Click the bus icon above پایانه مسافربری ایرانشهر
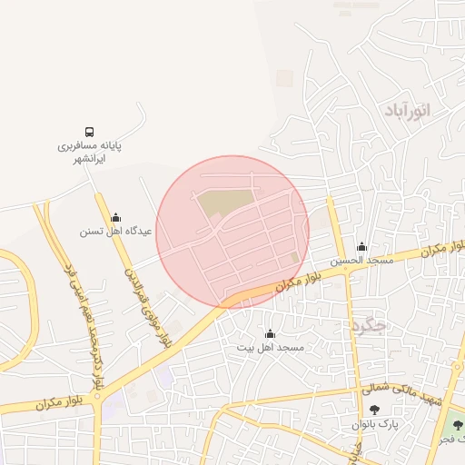coord(90,132)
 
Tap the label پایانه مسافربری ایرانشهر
coord(90,151)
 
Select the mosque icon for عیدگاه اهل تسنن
coord(115,218)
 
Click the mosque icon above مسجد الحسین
coord(361,247)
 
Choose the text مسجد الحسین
coord(361,261)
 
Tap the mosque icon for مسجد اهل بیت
coord(269,334)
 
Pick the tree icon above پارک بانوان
coord(375,411)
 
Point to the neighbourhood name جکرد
coord(367,323)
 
